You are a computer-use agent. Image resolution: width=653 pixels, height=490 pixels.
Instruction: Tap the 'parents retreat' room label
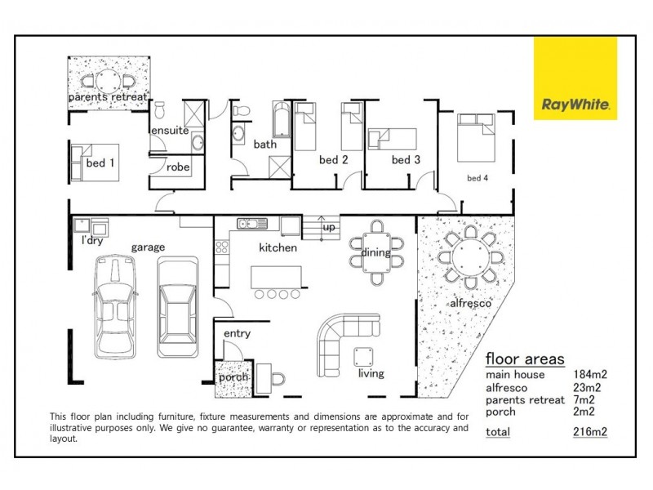(x=108, y=97)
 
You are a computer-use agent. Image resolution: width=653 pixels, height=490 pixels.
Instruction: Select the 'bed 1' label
(x=100, y=163)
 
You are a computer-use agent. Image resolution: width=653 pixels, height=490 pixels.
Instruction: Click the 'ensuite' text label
(x=169, y=130)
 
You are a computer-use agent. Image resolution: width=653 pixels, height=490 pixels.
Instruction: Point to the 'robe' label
(x=178, y=167)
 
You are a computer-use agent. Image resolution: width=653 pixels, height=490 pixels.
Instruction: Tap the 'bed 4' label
(x=478, y=177)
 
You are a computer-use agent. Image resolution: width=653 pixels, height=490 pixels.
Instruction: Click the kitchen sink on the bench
(x=252, y=224)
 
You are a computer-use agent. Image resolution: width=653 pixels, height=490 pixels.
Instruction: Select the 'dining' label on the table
(x=375, y=253)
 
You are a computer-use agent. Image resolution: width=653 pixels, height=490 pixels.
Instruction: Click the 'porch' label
(x=233, y=378)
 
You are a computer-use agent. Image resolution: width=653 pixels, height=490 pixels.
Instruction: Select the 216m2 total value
(x=590, y=432)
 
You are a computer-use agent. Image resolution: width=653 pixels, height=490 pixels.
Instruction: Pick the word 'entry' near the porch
(x=237, y=333)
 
